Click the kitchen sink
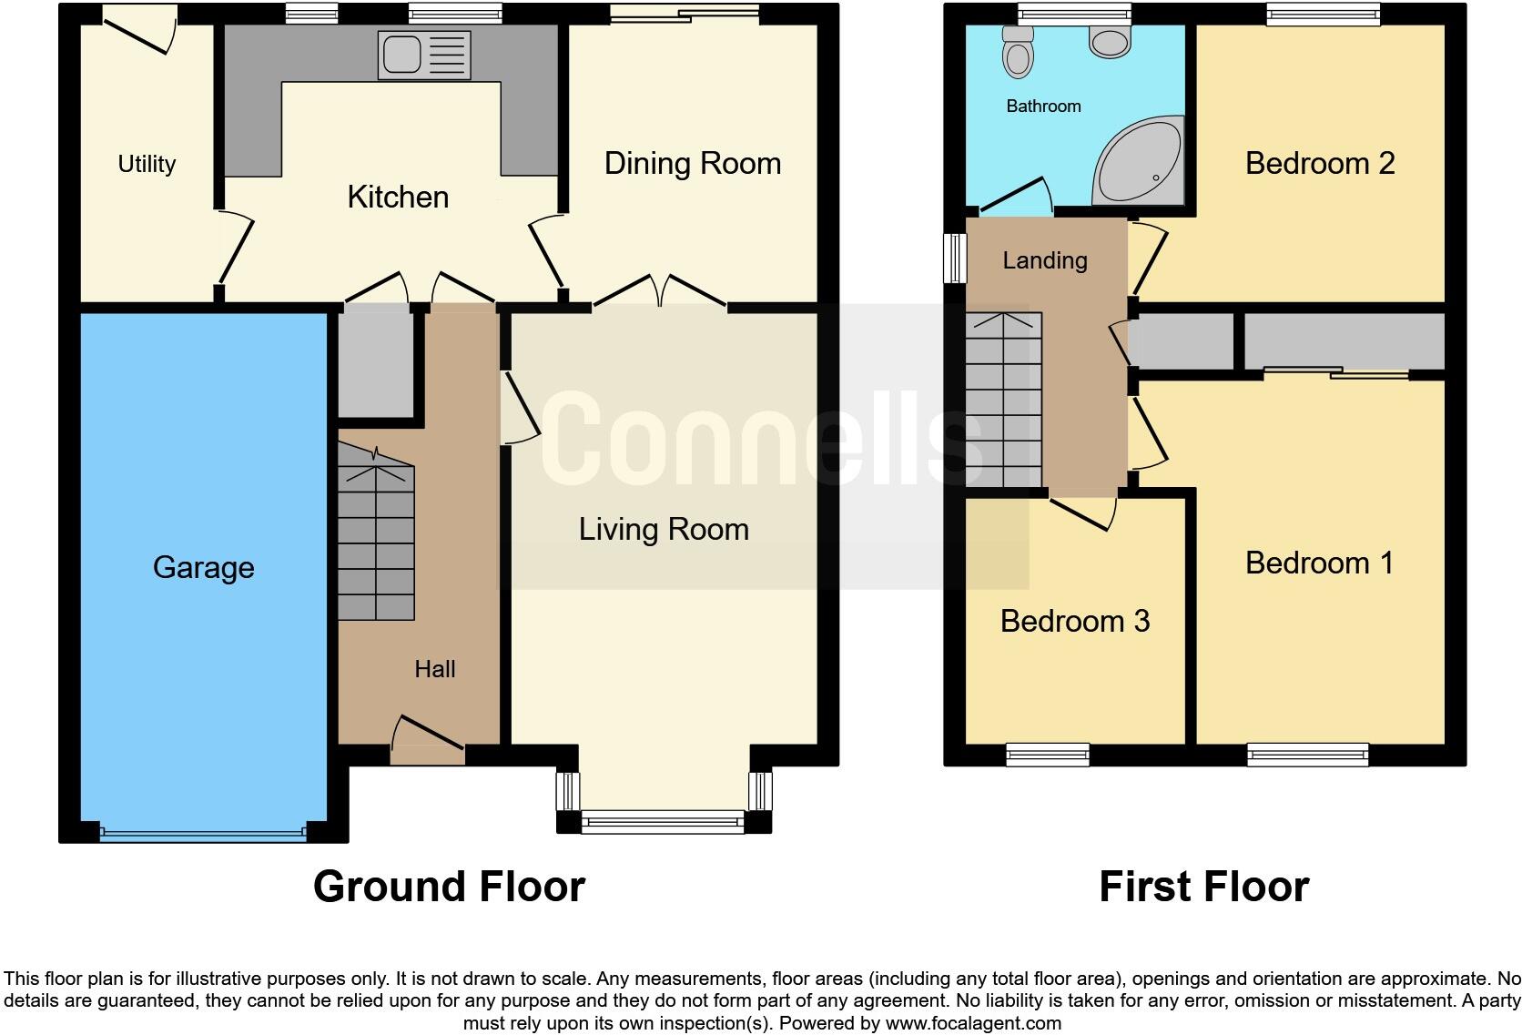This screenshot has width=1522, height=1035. [424, 55]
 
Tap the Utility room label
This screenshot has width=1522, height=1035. [147, 164]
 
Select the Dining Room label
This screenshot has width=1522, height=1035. [692, 164]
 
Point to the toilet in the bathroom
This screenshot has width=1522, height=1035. [1018, 53]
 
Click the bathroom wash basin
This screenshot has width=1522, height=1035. [1109, 40]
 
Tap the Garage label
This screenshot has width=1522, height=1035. [203, 567]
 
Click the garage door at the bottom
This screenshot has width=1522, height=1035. [203, 832]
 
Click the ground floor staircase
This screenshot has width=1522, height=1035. [376, 537]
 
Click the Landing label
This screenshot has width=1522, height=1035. [1044, 261]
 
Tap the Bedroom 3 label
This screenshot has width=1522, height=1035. [1074, 621]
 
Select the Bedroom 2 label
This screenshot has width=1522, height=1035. [1319, 164]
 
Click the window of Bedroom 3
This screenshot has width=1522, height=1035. [1048, 754]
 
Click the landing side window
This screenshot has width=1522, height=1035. [954, 258]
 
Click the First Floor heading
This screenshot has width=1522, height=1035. [1203, 887]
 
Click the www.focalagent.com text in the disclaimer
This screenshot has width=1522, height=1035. [973, 1023]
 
